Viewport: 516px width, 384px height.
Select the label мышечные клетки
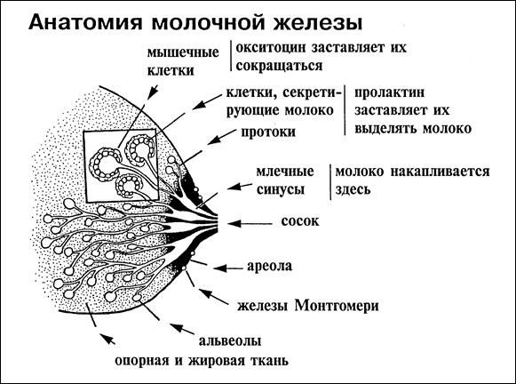click(x=187, y=58)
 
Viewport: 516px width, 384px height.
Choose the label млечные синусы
click(x=290, y=180)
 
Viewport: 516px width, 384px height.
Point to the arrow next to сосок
click(x=252, y=217)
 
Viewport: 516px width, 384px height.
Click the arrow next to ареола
click(x=223, y=264)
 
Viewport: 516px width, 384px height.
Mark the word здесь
click(x=353, y=189)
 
